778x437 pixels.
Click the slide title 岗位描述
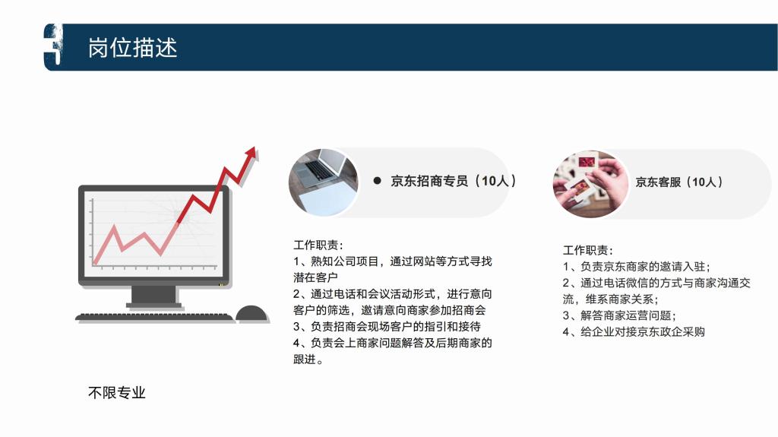click(x=132, y=48)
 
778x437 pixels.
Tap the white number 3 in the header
click(x=54, y=46)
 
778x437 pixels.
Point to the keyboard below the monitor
click(x=154, y=317)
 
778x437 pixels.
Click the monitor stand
click(x=153, y=296)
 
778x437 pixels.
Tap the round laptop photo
click(x=324, y=182)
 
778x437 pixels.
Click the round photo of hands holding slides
click(x=590, y=184)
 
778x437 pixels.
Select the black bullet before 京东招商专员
click(x=377, y=181)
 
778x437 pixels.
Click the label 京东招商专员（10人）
click(x=454, y=181)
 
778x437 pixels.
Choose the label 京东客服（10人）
click(x=678, y=182)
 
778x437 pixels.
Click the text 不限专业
click(x=116, y=393)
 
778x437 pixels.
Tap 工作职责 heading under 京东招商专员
click(x=318, y=245)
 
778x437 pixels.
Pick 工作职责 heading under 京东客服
click(x=587, y=250)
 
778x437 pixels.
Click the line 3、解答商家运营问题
click(x=618, y=315)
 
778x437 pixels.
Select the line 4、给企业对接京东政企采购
click(x=634, y=331)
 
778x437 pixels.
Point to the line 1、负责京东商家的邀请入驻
click(x=636, y=267)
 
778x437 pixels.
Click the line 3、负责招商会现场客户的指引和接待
click(x=387, y=326)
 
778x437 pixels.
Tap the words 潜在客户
click(x=315, y=277)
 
